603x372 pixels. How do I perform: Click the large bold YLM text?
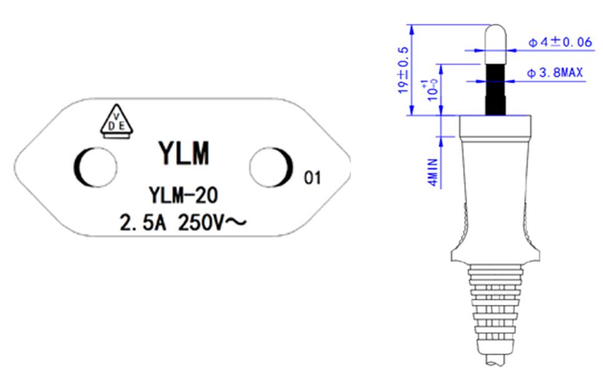pyautogui.click(x=183, y=153)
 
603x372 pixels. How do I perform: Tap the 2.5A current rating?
pyautogui.click(x=142, y=222)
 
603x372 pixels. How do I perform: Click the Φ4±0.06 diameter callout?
pyautogui.click(x=559, y=42)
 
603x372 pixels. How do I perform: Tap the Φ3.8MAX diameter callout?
pyautogui.click(x=555, y=74)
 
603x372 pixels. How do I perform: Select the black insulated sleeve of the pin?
pyautogui.click(x=496, y=87)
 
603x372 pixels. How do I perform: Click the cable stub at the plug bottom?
pyautogui.click(x=496, y=360)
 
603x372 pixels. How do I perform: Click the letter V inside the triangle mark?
pyautogui.click(x=117, y=115)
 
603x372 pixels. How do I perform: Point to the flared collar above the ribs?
pyautogui.click(x=496, y=252)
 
